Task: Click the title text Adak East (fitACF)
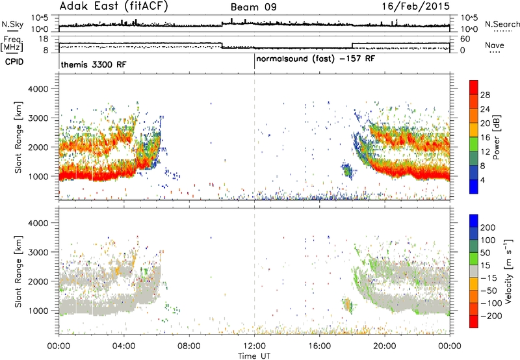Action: (114, 6)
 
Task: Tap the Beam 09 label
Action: (253, 7)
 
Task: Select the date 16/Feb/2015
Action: (416, 6)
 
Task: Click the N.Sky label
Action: (12, 24)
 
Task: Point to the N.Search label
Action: (502, 24)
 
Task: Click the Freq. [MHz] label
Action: (12, 44)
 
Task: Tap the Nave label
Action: (495, 45)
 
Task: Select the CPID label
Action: (14, 62)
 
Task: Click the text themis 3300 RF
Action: (94, 64)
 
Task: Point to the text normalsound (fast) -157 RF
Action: (315, 59)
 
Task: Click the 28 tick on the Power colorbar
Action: (485, 95)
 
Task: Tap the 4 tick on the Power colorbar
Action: (482, 180)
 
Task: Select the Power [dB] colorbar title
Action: (496, 137)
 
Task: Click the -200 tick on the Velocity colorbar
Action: (491, 316)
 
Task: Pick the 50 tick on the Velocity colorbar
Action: (485, 253)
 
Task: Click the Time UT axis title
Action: (254, 356)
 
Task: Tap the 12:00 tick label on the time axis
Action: (254, 346)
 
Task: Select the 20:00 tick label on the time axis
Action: (385, 346)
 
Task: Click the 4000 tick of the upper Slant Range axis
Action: (38, 89)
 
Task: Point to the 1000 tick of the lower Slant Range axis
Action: (38, 311)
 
